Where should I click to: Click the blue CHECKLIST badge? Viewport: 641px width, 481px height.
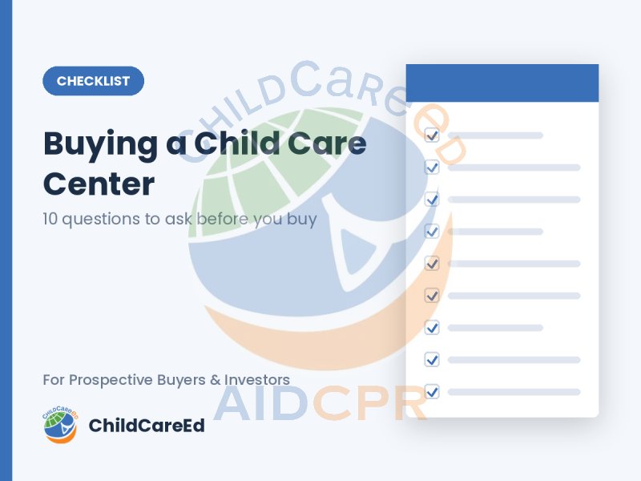93,81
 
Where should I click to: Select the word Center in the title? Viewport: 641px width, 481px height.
99,184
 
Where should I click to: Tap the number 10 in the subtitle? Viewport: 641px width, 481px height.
50,219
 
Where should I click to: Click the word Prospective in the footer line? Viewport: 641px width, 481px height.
111,380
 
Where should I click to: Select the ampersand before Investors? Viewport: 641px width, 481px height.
215,380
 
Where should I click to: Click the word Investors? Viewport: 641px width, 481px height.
257,379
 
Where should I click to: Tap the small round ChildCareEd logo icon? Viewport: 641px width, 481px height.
61,425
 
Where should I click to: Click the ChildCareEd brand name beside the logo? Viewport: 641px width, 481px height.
147,426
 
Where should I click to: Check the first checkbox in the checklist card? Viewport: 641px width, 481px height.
432,135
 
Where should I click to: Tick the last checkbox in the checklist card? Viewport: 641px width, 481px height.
432,392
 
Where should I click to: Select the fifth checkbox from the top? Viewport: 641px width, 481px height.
432,264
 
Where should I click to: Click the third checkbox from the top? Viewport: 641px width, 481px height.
432,199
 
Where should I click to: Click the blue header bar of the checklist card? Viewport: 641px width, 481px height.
502,83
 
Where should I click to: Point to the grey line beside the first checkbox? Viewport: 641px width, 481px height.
495,135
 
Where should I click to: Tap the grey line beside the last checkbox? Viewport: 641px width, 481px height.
514,392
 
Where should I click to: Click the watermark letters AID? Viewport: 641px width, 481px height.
261,403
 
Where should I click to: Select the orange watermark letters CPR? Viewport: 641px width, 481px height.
370,403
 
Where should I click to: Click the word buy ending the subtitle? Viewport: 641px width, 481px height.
302,220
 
